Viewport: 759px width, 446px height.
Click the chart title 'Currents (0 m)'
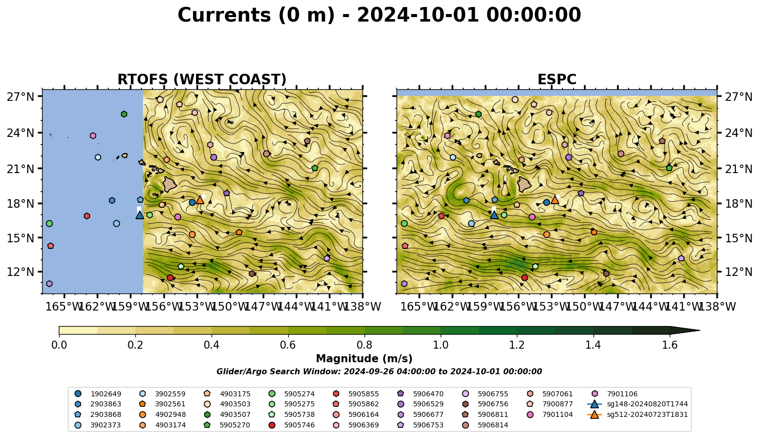tap(256, 16)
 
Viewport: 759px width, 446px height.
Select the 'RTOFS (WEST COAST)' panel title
tap(202, 79)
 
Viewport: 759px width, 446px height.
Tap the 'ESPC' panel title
tap(556, 79)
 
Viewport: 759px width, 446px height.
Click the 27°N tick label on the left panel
tap(21, 97)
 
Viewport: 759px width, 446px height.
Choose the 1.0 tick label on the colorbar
tap(441, 345)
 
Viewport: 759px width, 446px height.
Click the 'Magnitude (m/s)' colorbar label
tap(364, 359)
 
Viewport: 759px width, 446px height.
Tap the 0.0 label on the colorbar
tap(59, 345)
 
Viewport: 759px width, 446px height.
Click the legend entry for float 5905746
tap(291, 425)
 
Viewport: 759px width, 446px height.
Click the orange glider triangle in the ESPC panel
tap(554, 200)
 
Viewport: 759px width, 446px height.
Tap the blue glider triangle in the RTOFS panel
tap(139, 215)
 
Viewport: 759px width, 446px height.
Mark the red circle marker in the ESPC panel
tap(524, 277)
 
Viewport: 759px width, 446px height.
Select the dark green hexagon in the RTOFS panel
tap(124, 114)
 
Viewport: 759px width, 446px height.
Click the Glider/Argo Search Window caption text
tap(379, 372)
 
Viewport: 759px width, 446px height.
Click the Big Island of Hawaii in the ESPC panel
tap(524, 185)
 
